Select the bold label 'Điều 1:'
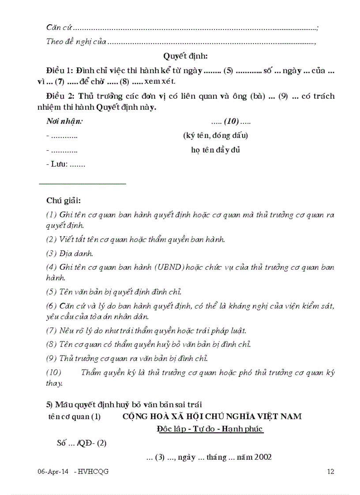[x=60, y=70]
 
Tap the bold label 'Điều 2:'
[x=60, y=96]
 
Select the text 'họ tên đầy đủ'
[x=215, y=150]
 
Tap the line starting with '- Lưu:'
[x=66, y=164]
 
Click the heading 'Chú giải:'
[x=64, y=201]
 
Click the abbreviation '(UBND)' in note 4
[x=169, y=267]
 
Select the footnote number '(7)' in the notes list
[x=52, y=331]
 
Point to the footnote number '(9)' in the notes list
[x=52, y=358]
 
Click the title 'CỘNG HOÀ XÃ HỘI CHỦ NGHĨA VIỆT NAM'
[x=212, y=417]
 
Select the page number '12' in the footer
[x=330, y=472]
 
